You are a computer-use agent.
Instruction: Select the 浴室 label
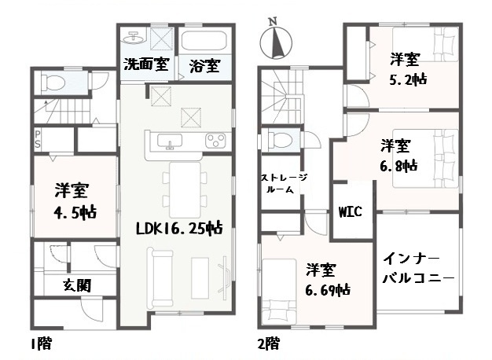(204, 66)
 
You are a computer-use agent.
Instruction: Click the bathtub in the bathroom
(205, 41)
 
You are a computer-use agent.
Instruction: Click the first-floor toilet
(53, 81)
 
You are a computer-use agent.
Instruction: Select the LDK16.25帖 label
(178, 229)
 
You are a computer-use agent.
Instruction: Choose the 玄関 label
(76, 285)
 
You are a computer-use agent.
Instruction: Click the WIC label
(349, 212)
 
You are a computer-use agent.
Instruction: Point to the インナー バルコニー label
(418, 268)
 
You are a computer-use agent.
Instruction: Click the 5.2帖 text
(409, 79)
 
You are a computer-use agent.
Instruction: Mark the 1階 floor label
(44, 344)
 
